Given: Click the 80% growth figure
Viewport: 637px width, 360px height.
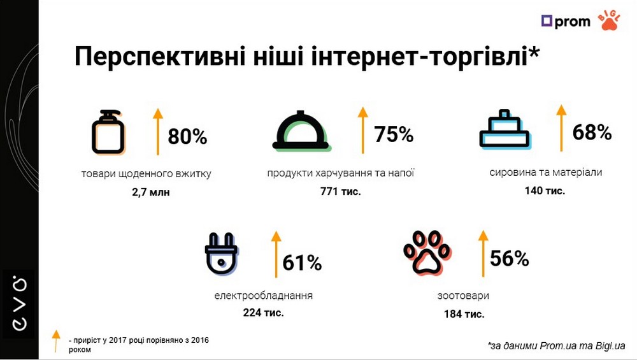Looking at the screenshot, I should pyautogui.click(x=187, y=137).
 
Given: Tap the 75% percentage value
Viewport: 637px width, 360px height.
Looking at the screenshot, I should pyautogui.click(x=394, y=135).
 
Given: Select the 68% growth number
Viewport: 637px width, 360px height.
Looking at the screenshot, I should pyautogui.click(x=592, y=133).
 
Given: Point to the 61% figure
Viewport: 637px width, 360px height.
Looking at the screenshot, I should pyautogui.click(x=302, y=262).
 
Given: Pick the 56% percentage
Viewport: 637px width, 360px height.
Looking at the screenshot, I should pyautogui.click(x=509, y=258).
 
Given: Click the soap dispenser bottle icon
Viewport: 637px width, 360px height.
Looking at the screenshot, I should pyautogui.click(x=108, y=132).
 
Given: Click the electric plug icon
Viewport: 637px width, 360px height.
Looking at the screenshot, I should pyautogui.click(x=221, y=254).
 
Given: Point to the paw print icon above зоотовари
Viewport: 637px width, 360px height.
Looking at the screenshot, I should pyautogui.click(x=427, y=252).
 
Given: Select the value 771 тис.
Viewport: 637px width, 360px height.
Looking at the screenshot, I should pyautogui.click(x=341, y=191).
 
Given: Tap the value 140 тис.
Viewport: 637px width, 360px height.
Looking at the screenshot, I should pyautogui.click(x=545, y=191).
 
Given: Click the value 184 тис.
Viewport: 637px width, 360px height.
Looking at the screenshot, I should pyautogui.click(x=464, y=313).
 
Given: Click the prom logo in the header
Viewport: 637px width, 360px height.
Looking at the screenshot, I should pyautogui.click(x=565, y=21).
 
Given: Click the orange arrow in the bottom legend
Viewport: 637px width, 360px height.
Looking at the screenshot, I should pyautogui.click(x=56, y=340).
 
